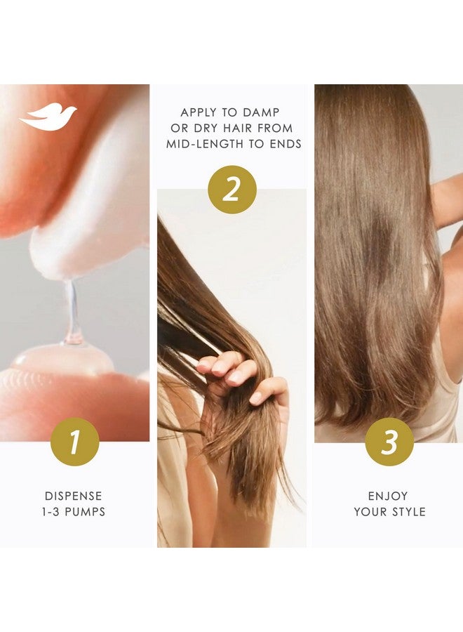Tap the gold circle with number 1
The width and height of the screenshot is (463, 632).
pyautogui.click(x=74, y=442)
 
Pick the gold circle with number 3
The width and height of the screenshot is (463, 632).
pyautogui.click(x=389, y=442)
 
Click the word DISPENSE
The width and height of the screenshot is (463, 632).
pyautogui.click(x=74, y=495)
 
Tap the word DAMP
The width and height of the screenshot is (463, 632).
pyautogui.click(x=262, y=112)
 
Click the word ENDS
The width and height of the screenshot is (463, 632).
pyautogui.click(x=282, y=144)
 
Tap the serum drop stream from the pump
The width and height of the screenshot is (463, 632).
pyautogui.click(x=72, y=309)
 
